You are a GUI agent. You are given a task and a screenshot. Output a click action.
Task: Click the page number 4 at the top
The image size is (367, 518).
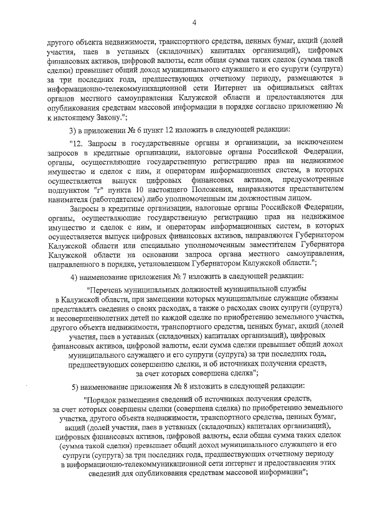pos(194,23)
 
